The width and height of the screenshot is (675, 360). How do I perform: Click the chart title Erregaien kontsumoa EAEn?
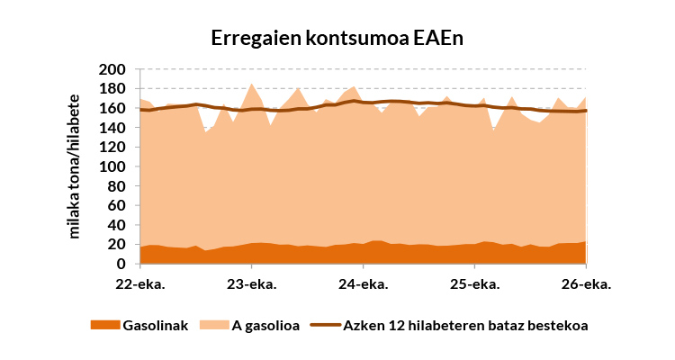click(x=337, y=38)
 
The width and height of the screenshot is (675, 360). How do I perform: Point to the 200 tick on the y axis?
click(x=112, y=69)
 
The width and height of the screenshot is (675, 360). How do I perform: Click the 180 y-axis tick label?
click(x=112, y=89)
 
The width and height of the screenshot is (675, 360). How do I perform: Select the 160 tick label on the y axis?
click(x=112, y=108)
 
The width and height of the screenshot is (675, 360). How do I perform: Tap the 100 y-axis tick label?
click(x=112, y=166)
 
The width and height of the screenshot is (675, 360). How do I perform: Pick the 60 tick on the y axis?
click(x=116, y=205)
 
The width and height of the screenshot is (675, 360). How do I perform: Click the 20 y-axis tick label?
click(x=116, y=244)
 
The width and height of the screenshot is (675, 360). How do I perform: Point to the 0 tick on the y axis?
click(x=121, y=264)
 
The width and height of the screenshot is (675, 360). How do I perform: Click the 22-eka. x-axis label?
click(x=140, y=284)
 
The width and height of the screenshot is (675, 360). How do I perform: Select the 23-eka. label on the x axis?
click(x=252, y=284)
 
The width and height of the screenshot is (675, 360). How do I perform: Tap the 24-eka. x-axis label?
click(x=364, y=284)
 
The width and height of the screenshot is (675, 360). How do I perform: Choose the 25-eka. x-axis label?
click(x=475, y=284)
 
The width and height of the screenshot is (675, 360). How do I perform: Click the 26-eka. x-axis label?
click(x=586, y=284)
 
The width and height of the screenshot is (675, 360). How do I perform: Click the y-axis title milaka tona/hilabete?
click(x=74, y=166)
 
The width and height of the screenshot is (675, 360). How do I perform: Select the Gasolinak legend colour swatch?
click(x=105, y=325)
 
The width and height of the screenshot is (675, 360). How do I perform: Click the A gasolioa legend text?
click(x=265, y=326)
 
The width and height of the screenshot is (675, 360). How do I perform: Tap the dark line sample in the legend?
click(x=326, y=325)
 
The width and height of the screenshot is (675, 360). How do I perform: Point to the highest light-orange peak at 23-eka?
click(x=252, y=84)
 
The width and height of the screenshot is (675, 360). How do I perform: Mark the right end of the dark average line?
click(x=586, y=111)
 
